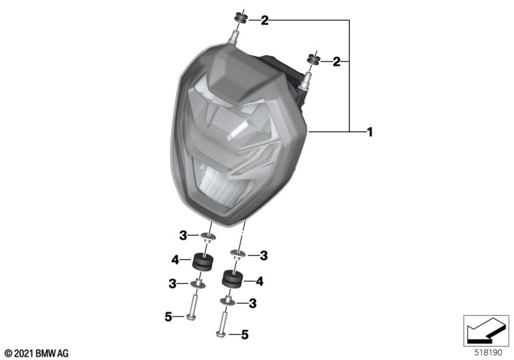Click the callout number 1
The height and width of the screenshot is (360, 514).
pyautogui.click(x=370, y=132)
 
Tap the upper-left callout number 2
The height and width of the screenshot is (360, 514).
pyautogui.click(x=265, y=21)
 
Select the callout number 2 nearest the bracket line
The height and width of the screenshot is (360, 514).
pyautogui.click(x=337, y=62)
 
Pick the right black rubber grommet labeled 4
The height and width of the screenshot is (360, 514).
pyautogui.click(x=233, y=279)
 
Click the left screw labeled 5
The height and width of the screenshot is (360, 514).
pyautogui.click(x=191, y=307)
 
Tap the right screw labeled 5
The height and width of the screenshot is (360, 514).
pyautogui.click(x=222, y=324)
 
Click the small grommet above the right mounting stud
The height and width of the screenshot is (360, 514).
pyautogui.click(x=314, y=60)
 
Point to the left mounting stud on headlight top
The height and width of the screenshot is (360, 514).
pyautogui.click(x=233, y=37)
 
